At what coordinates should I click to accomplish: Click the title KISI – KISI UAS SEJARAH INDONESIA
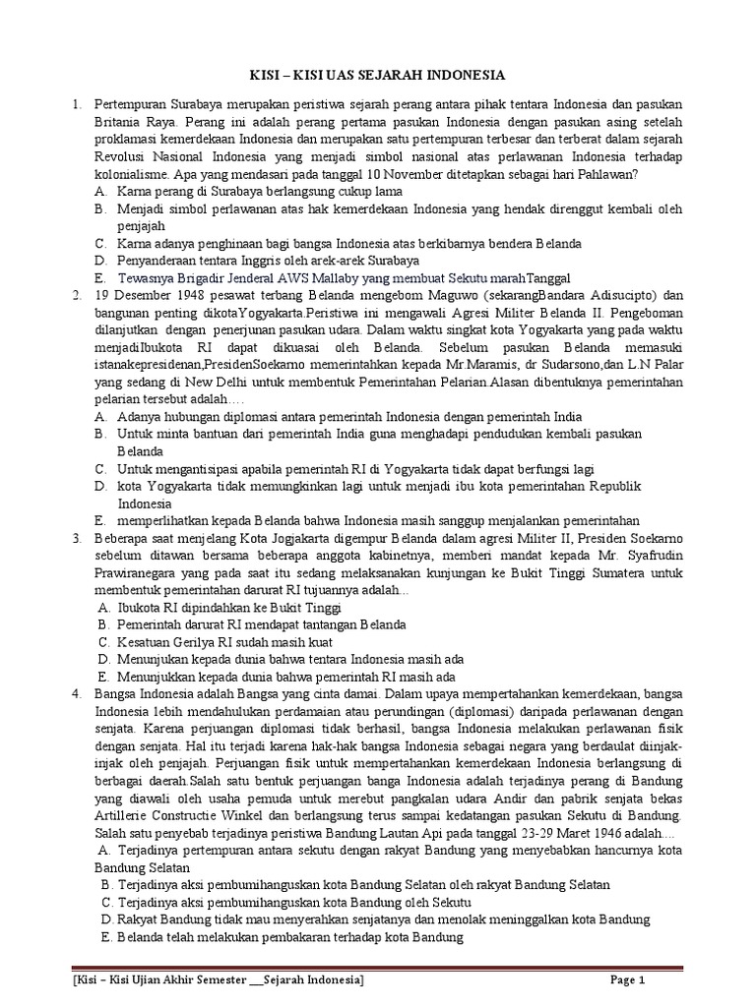(x=377, y=75)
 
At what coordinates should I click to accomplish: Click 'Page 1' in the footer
(x=626, y=979)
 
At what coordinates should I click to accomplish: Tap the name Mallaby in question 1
(x=333, y=277)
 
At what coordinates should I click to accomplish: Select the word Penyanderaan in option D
(x=160, y=261)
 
